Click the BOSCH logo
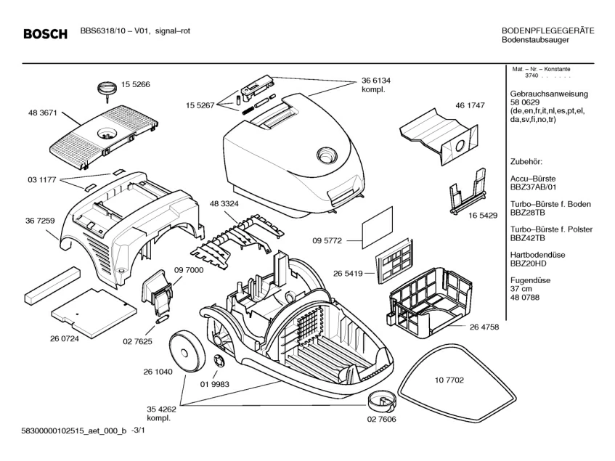45,33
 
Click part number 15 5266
135,84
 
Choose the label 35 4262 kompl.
161,414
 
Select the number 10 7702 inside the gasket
449,380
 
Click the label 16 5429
482,216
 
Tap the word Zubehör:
526,160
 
